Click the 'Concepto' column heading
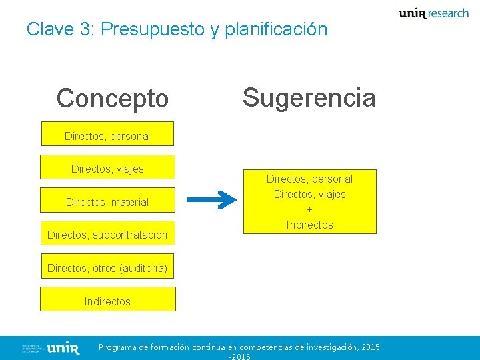[112, 99]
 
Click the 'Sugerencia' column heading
[309, 97]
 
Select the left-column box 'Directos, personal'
[107, 136]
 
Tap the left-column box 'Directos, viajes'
[107, 169]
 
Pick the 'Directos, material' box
[107, 202]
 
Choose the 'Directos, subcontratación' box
[107, 235]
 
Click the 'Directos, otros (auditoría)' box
[107, 268]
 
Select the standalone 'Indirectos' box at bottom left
[107, 301]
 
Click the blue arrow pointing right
[211, 199]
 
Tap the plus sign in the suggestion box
[309, 209]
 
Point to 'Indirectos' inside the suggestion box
[309, 225]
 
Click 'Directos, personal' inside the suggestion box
[309, 179]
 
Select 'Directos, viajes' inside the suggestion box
[309, 194]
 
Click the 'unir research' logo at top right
[433, 13]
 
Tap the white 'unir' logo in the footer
[64, 348]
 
